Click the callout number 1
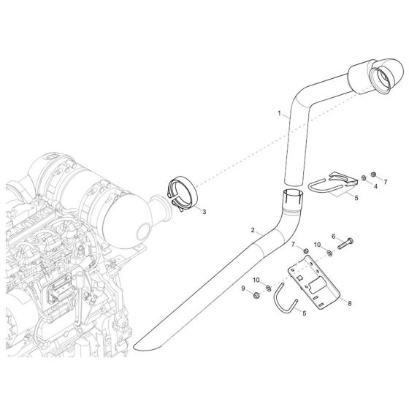click(279, 113)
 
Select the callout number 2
click(253, 231)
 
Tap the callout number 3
click(204, 212)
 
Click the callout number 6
click(333, 237)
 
